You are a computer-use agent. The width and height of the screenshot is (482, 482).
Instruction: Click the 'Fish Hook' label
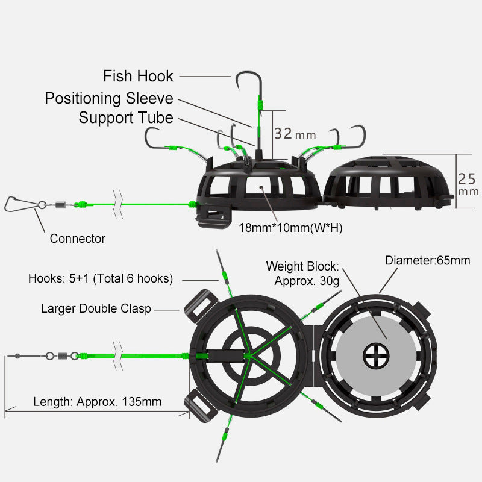[x=138, y=77]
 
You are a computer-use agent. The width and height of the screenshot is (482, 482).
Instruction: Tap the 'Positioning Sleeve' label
[x=109, y=98]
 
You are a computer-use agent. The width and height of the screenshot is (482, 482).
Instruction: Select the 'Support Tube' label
[x=126, y=117]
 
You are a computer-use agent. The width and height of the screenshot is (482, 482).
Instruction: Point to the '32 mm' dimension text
[x=295, y=133]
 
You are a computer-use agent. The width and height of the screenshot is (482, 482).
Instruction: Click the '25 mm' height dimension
[x=468, y=184]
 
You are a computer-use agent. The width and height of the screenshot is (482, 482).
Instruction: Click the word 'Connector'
[x=77, y=239]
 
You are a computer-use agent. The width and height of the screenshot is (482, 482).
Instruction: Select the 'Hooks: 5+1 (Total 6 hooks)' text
[x=101, y=278]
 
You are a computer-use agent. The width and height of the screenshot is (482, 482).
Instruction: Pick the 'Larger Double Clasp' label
[x=96, y=308]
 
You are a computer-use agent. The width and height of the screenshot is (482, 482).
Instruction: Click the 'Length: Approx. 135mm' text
[x=97, y=401]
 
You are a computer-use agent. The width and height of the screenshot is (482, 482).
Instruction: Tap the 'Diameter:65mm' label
[x=428, y=261]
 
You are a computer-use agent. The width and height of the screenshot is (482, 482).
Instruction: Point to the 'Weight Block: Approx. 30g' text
[x=303, y=273]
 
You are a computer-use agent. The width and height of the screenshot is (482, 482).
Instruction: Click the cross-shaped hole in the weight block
[x=376, y=355]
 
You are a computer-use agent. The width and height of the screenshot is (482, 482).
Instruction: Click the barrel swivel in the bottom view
[x=61, y=356]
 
